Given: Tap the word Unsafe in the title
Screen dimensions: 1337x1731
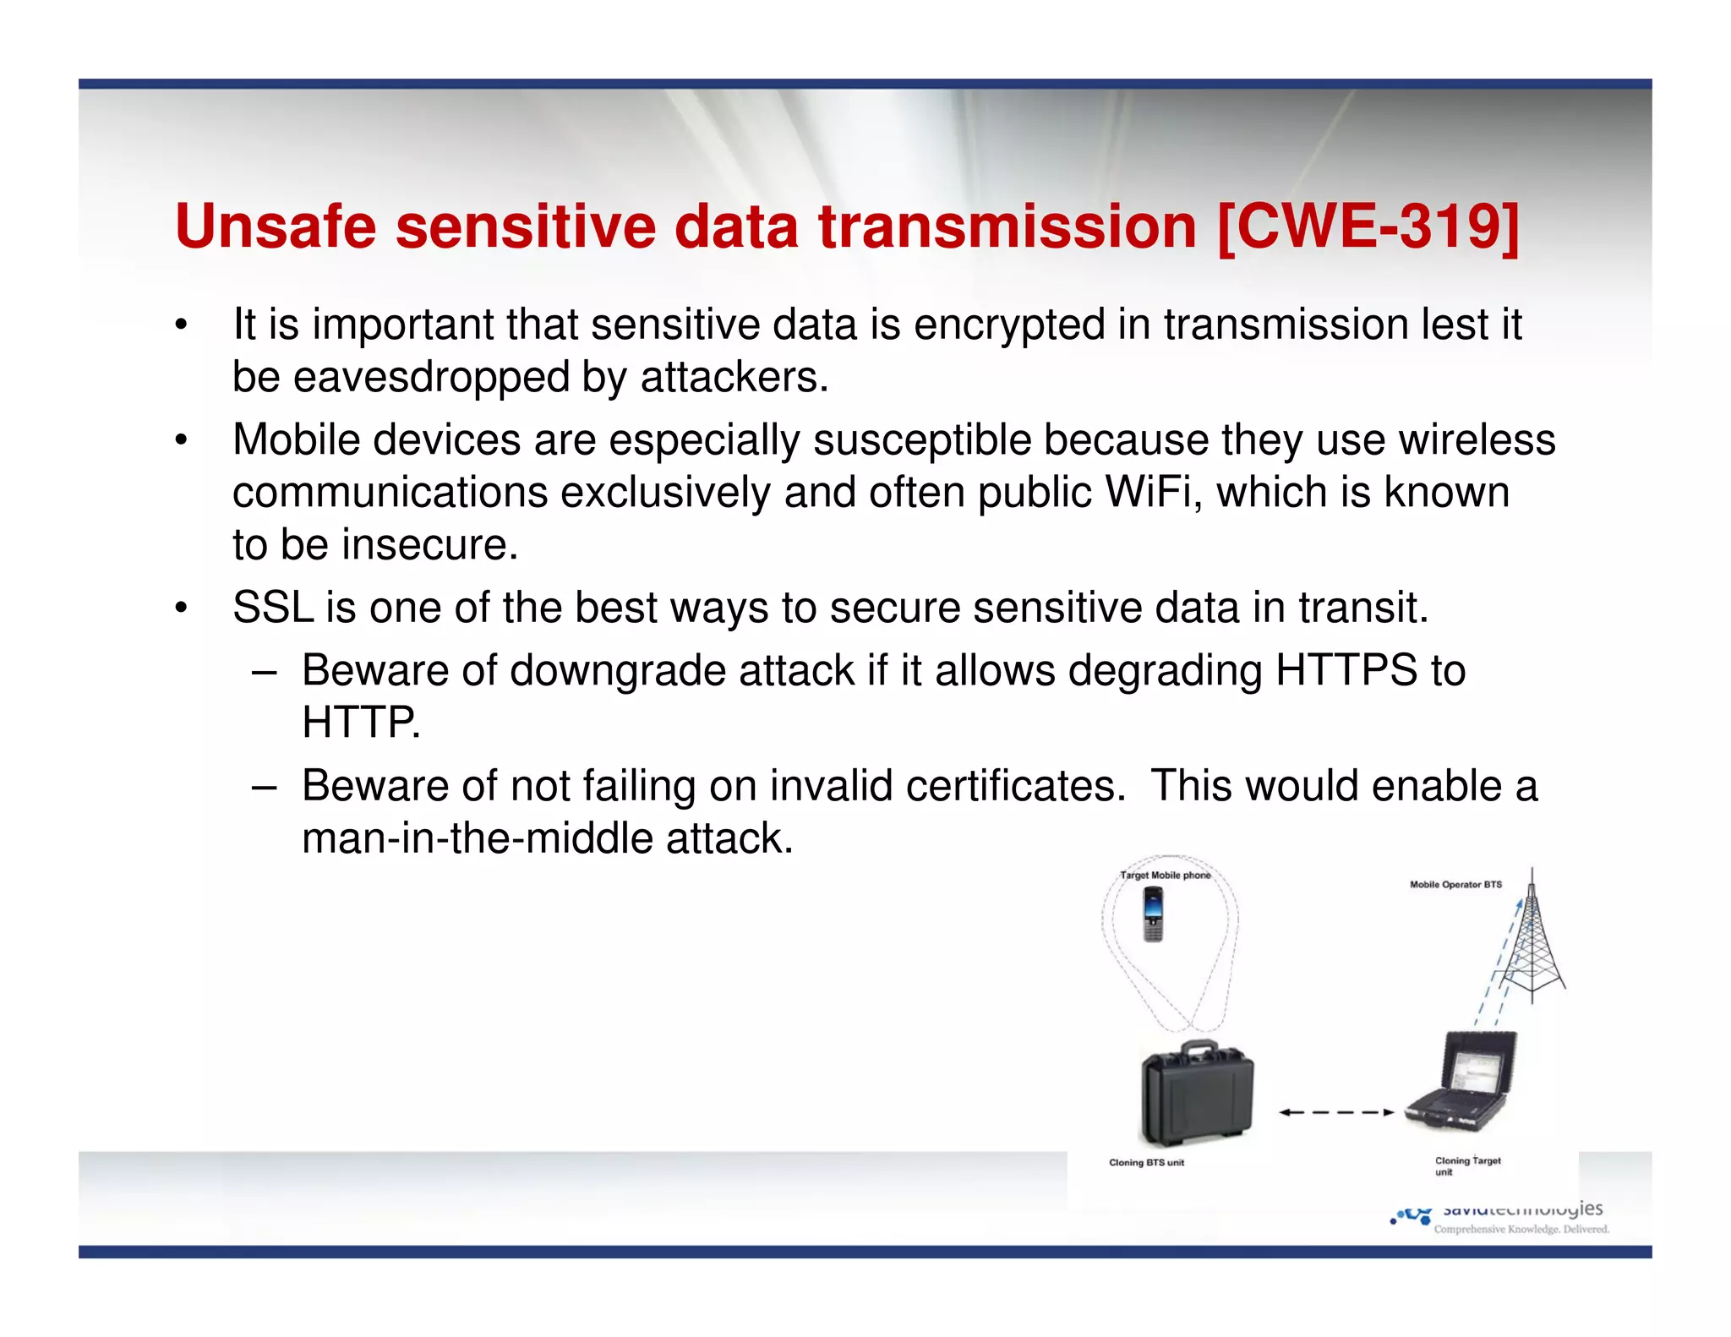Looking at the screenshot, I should [x=276, y=226].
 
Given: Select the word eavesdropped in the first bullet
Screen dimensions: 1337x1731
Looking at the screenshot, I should [x=431, y=377].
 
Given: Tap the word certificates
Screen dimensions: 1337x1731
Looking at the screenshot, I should [x=1015, y=785].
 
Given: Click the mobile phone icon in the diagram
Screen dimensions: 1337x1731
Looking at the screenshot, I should [x=1153, y=914].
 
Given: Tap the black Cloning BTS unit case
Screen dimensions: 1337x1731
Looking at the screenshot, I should [x=1196, y=1094].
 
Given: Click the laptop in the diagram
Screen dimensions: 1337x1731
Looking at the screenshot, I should [x=1463, y=1082].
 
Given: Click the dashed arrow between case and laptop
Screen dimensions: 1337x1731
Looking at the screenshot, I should [x=1335, y=1112].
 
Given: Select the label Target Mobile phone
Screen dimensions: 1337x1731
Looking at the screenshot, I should [x=1165, y=876].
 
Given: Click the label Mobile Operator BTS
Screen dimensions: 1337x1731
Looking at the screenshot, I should [x=1455, y=885].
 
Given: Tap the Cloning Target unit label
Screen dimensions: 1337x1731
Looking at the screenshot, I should [x=1466, y=1165].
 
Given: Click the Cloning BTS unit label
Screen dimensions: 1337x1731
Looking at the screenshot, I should [x=1146, y=1163].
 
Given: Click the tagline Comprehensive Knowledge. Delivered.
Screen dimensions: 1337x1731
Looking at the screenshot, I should [x=1521, y=1229].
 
